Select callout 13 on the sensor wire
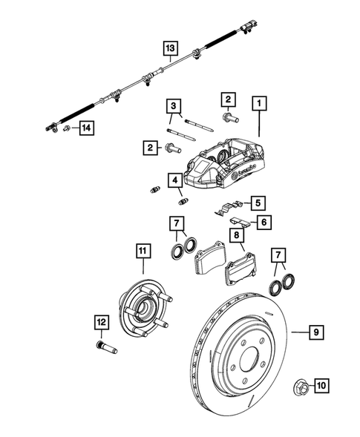click(x=171, y=49)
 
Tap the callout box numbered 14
click(x=86, y=128)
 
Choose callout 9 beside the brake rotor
click(x=315, y=333)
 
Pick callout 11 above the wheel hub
click(x=142, y=251)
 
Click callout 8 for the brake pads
click(x=235, y=236)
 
